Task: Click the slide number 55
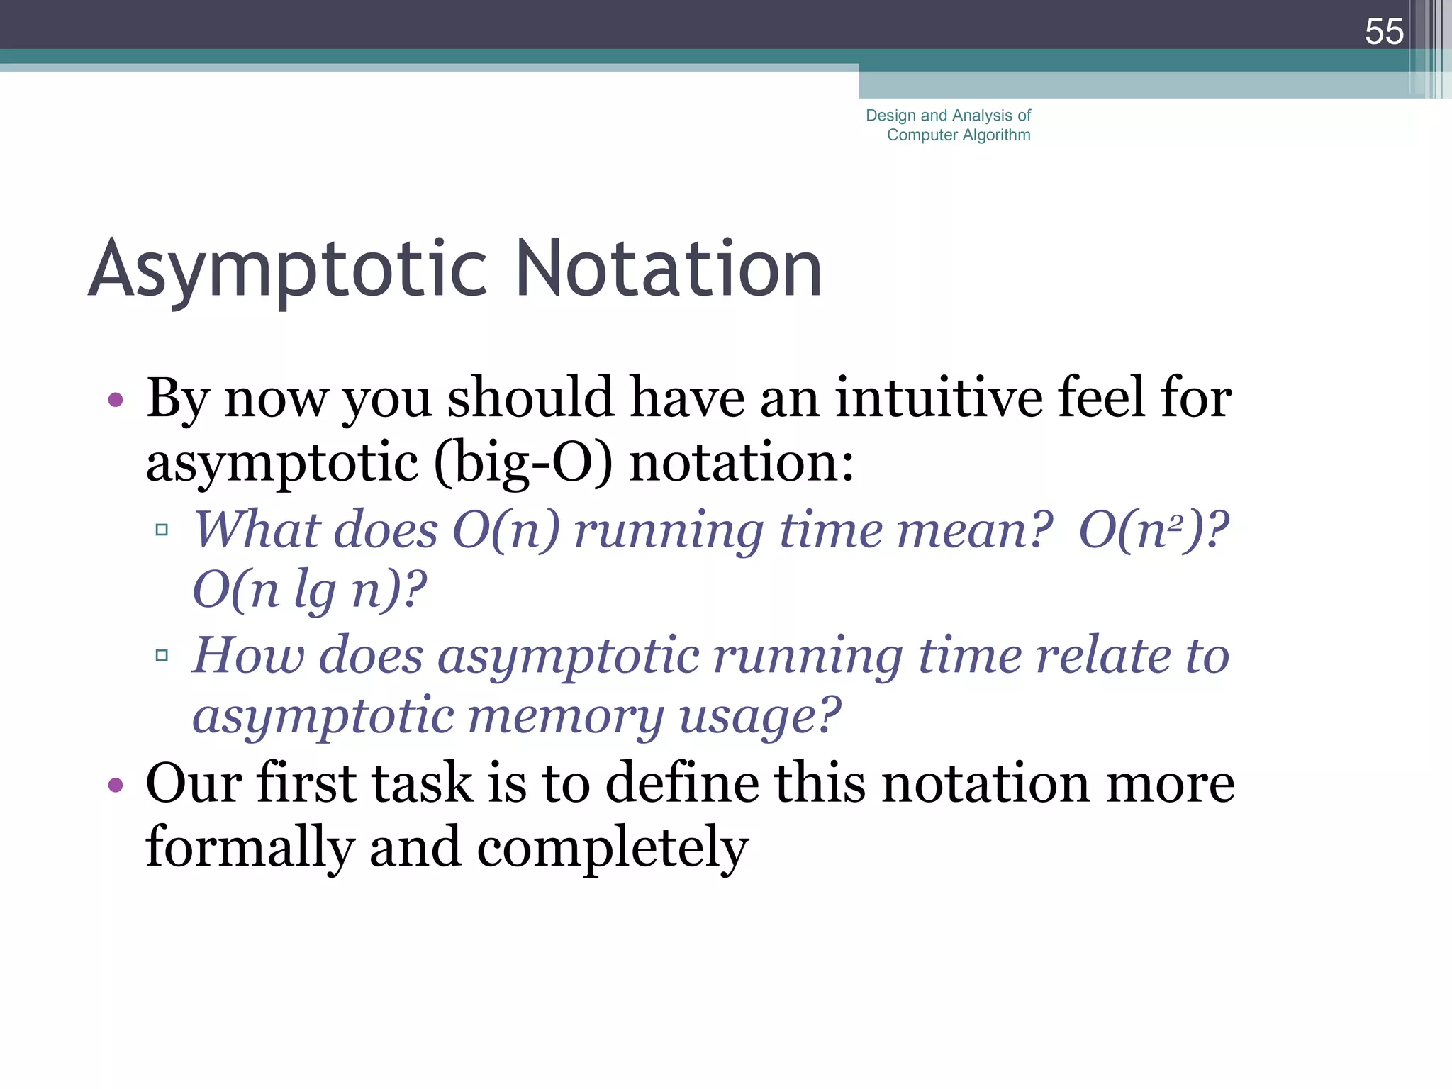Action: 1383,32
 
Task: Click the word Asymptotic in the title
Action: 288,270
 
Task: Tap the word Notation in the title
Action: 669,269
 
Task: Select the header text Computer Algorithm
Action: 959,135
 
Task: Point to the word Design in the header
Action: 890,116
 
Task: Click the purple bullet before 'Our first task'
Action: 116,785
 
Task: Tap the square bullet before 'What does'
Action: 162,530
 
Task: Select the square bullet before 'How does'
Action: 162,655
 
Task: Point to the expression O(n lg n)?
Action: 310,590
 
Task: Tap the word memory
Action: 566,716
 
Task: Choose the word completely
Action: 613,848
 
